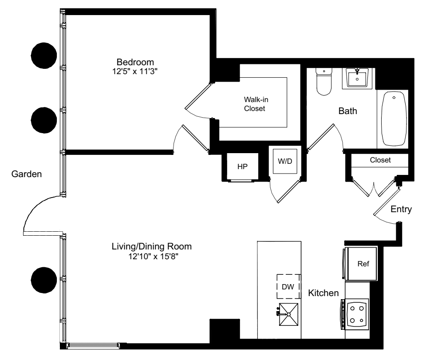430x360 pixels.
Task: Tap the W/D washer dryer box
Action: click(285, 161)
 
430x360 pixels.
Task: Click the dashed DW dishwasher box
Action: click(288, 287)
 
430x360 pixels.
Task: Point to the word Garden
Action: click(27, 174)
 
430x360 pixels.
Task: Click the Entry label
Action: click(401, 209)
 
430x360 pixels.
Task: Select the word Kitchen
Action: click(323, 293)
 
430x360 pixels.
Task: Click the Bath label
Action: click(347, 111)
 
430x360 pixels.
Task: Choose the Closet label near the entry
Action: click(380, 160)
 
